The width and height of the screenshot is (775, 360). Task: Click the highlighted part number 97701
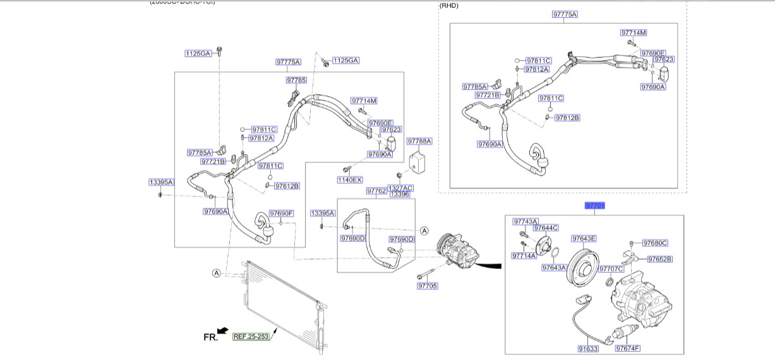click(x=595, y=205)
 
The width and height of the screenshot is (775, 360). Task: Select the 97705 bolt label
click(x=427, y=286)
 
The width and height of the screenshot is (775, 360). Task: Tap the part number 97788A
click(x=419, y=141)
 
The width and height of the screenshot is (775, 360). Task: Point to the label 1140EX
click(x=349, y=180)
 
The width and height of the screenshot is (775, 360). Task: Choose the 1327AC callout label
click(x=400, y=188)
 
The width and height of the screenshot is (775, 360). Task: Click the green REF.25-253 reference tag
click(x=251, y=337)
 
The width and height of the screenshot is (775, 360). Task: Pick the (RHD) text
click(x=448, y=6)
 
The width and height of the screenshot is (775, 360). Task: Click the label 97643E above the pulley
click(x=584, y=239)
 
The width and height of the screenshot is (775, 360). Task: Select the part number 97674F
click(x=628, y=348)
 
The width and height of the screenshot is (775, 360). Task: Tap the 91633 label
click(x=587, y=348)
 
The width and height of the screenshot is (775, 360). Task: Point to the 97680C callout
click(x=655, y=243)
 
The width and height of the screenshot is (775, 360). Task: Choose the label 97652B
click(x=659, y=259)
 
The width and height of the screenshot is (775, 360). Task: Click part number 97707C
click(x=611, y=268)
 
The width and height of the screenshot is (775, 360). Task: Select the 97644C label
click(x=546, y=228)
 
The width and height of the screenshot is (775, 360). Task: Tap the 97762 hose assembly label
click(x=376, y=190)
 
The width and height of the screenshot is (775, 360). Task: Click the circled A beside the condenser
click(x=216, y=273)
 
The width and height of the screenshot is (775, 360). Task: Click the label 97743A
click(x=526, y=222)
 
